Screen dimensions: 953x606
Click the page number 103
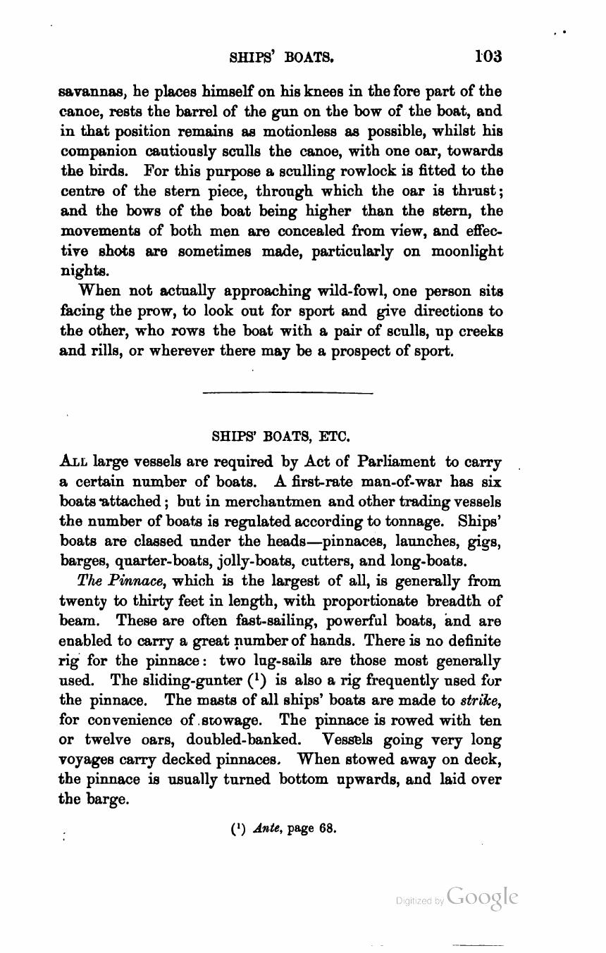click(x=488, y=56)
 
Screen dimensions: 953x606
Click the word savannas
click(x=86, y=92)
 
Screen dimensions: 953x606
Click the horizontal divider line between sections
click(x=287, y=393)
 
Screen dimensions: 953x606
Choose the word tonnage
click(x=415, y=522)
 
